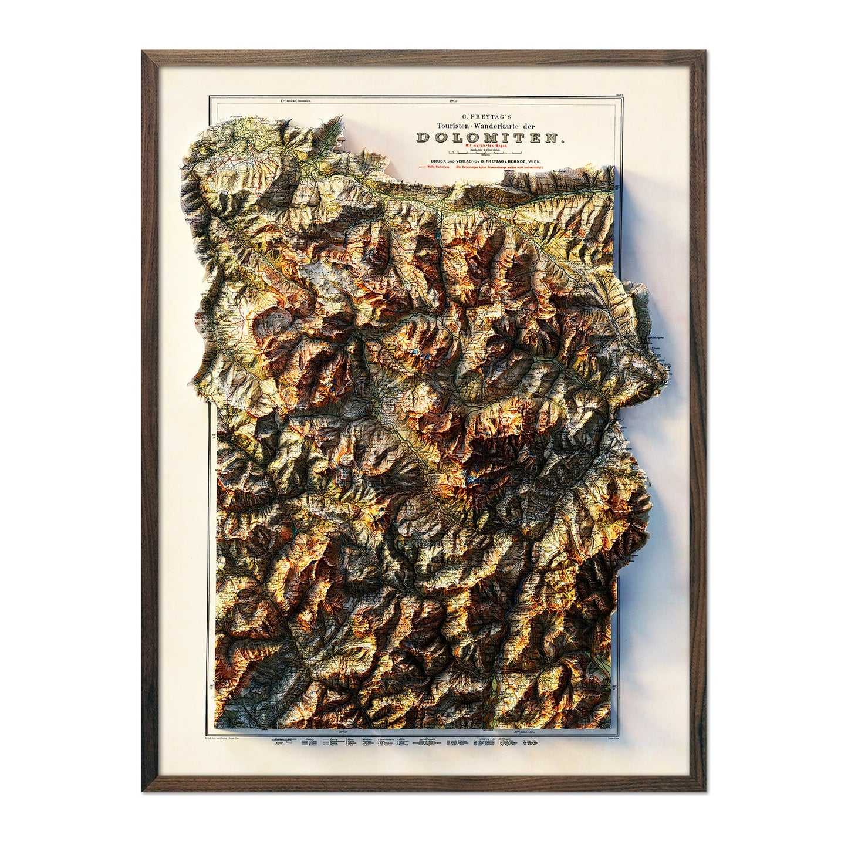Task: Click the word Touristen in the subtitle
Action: tap(450, 126)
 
